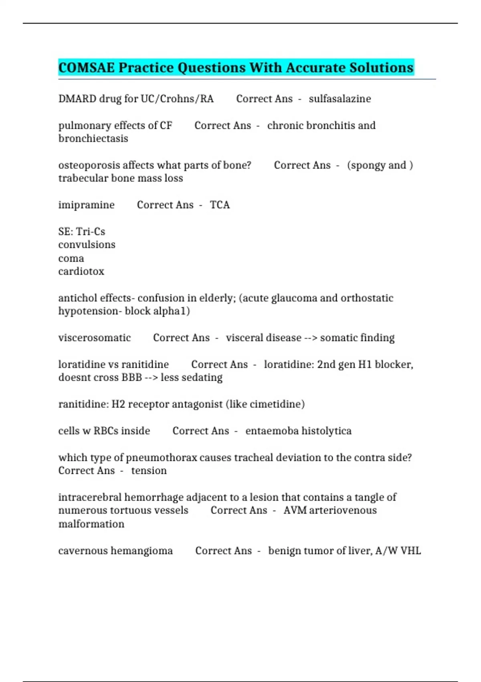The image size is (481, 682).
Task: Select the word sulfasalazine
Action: (x=340, y=99)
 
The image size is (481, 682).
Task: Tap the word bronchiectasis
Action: (x=93, y=138)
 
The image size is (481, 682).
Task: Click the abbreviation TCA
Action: (x=220, y=205)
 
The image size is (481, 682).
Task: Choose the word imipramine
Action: (x=86, y=205)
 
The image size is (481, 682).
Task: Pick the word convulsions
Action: (x=87, y=245)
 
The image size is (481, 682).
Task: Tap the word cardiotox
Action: (x=81, y=272)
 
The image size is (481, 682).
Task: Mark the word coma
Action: (x=71, y=258)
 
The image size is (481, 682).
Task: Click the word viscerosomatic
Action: (x=94, y=338)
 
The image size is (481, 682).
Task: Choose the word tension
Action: (x=149, y=471)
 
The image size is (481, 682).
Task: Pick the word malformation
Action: (x=91, y=524)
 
